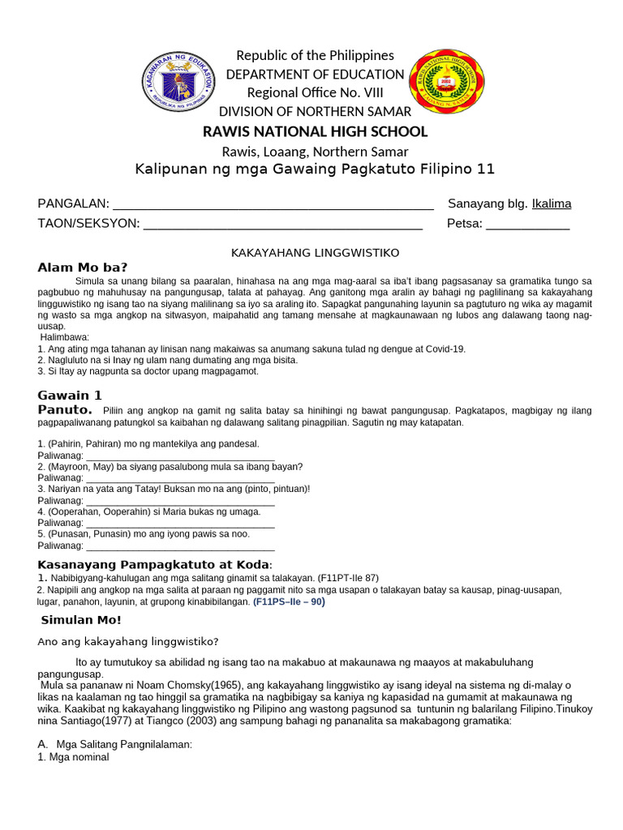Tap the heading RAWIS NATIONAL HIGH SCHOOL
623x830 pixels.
(x=315, y=131)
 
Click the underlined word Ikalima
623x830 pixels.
(x=551, y=203)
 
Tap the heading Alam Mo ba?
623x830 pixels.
(x=83, y=268)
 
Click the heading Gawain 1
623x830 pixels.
(x=70, y=396)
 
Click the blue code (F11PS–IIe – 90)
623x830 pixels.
(x=289, y=602)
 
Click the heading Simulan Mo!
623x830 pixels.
(x=80, y=620)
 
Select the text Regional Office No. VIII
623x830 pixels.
(x=315, y=92)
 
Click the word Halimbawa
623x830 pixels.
(x=66, y=337)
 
